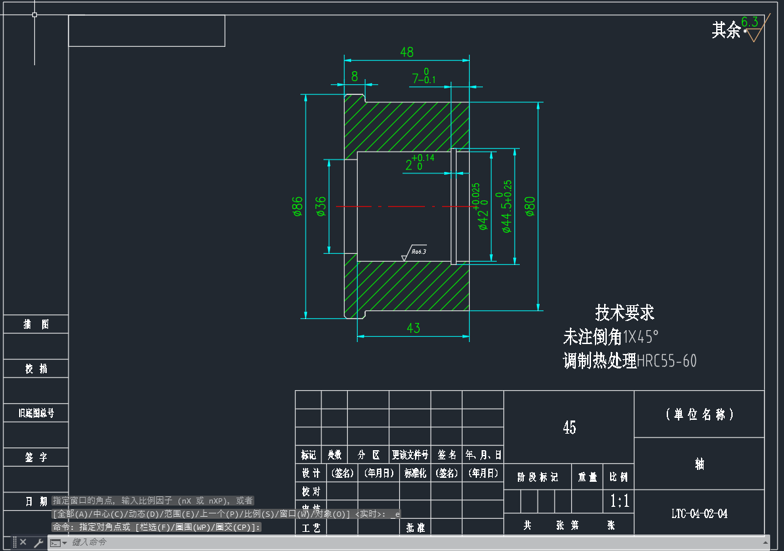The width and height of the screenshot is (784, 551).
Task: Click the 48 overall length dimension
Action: pos(406,51)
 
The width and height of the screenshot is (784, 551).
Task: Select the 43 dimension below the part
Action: pos(413,328)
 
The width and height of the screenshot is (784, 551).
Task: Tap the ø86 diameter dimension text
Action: pos(298,206)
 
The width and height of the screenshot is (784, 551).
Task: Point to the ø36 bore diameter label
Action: pos(321,206)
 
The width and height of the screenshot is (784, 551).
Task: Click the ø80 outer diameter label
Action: pos(530,206)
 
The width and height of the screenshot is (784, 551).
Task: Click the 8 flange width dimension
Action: pos(354,76)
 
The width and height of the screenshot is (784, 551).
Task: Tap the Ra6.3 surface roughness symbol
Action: pos(415,252)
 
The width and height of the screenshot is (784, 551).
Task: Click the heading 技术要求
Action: pos(625,312)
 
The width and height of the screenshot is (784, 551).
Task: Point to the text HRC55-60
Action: pos(667,361)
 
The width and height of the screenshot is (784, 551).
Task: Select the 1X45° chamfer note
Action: pos(641,337)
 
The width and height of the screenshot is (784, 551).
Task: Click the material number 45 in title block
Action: pos(569,428)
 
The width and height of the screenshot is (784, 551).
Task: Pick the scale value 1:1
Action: pos(619,502)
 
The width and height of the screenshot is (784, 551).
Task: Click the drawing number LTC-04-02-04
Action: pos(699,514)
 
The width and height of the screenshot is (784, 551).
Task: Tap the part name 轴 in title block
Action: pos(699,464)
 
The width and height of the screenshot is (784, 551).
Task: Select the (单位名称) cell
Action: pos(699,415)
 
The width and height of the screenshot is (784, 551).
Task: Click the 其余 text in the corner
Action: pos(726,30)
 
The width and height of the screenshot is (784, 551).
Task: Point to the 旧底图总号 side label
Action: pos(36,413)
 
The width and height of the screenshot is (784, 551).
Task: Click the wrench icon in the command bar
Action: pos(39,543)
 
